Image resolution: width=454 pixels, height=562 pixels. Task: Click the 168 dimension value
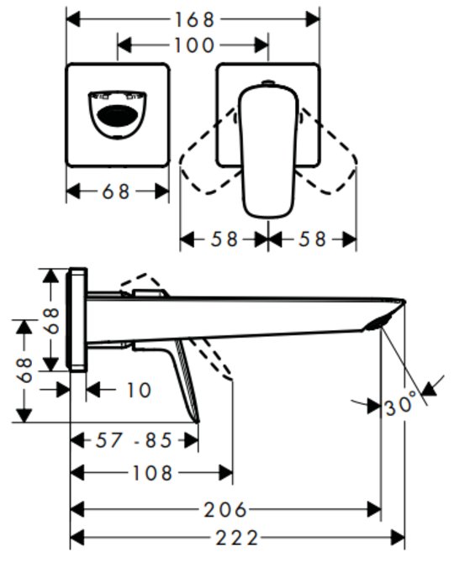pos(194,19)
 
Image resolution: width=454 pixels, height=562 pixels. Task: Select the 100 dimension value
pos(194,45)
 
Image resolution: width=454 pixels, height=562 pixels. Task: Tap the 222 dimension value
pos(237,538)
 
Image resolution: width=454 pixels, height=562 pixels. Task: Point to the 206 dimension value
pos(225,509)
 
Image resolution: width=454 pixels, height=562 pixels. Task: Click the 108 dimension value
pos(153,473)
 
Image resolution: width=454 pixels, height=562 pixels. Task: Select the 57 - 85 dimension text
pos(134,440)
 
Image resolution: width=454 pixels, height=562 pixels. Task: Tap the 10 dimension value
pos(139,390)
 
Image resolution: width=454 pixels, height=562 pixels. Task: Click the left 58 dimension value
pos(224,239)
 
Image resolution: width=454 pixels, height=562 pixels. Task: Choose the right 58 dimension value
pos(313,239)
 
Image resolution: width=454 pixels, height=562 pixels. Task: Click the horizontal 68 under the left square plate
pos(116,192)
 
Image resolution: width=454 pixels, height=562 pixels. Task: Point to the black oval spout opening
pos(117,115)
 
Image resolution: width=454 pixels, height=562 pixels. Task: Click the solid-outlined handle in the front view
pos(268,151)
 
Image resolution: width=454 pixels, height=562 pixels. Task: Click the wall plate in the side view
pos(77,319)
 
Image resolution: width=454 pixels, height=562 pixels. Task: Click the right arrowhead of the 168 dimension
pos(313,19)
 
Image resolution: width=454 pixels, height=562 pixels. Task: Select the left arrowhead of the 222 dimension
pos(77,538)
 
